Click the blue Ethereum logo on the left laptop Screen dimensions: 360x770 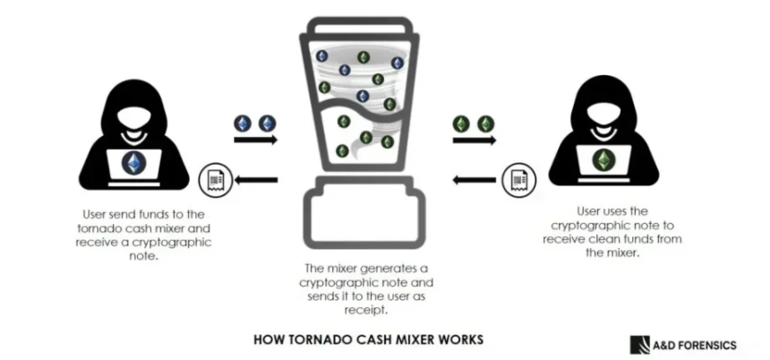(x=136, y=162)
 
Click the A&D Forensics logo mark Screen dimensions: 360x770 (x=642, y=344)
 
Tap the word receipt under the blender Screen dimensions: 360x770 (x=364, y=310)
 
